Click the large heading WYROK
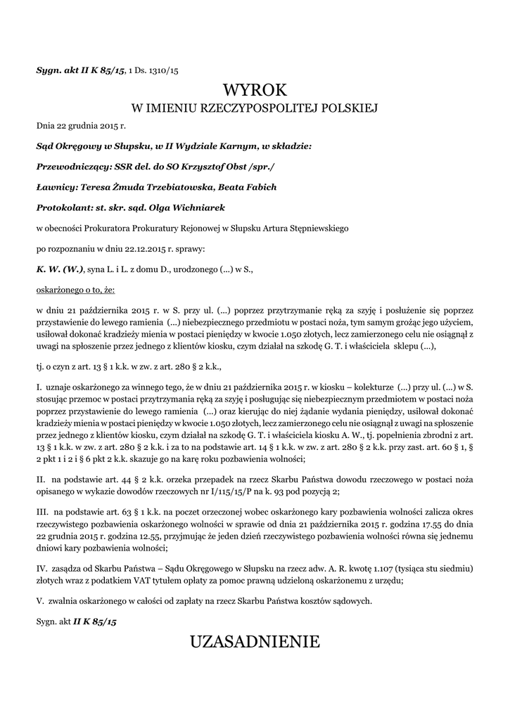tap(255, 90)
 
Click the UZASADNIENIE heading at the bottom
tap(255, 641)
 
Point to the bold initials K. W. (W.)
tap(60, 269)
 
